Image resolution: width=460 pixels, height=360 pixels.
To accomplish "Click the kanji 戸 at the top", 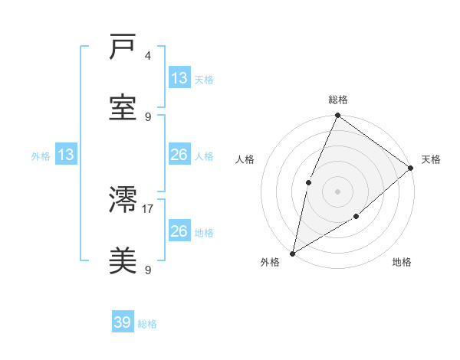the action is (x=123, y=48).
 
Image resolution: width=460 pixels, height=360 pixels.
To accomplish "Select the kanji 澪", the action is (x=123, y=201).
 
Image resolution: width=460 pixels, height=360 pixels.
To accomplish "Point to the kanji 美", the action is (x=123, y=260).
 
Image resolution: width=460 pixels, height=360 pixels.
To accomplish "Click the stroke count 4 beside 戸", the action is (x=148, y=57).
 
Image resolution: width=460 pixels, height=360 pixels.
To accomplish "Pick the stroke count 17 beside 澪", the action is (x=148, y=208).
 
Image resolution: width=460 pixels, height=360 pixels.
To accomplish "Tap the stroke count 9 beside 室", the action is (x=148, y=116).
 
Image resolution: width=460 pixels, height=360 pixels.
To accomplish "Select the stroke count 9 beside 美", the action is (x=148, y=270).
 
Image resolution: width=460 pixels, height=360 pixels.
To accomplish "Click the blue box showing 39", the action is (x=123, y=322).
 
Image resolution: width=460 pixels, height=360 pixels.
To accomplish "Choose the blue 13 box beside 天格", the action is (x=179, y=78).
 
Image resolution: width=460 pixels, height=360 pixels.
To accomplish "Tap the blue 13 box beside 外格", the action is (x=66, y=155).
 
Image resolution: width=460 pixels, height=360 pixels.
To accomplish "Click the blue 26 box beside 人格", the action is (x=179, y=155).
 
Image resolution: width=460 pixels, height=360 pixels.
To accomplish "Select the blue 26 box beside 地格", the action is (x=179, y=231).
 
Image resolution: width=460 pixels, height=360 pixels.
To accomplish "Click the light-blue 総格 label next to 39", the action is (x=147, y=324).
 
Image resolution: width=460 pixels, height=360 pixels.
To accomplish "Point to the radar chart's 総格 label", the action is (x=337, y=100).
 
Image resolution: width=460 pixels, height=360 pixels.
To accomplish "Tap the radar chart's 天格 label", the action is (x=431, y=159).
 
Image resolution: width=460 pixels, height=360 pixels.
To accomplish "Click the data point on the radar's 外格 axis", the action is (x=292, y=253).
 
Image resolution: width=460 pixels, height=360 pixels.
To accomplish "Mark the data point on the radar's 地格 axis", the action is (x=356, y=217).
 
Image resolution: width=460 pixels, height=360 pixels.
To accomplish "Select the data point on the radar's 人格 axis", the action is (x=308, y=182).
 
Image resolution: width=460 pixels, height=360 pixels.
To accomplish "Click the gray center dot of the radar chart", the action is (x=337, y=191).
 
